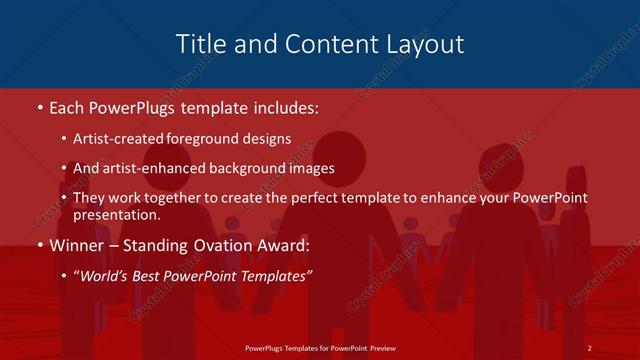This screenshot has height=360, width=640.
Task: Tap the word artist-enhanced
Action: point(152,169)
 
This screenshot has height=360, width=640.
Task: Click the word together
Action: point(178,198)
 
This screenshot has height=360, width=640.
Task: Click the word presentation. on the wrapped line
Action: point(116,214)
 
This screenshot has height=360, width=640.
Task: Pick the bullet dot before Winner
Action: point(38,244)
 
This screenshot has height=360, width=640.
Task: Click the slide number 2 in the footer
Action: point(590,348)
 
